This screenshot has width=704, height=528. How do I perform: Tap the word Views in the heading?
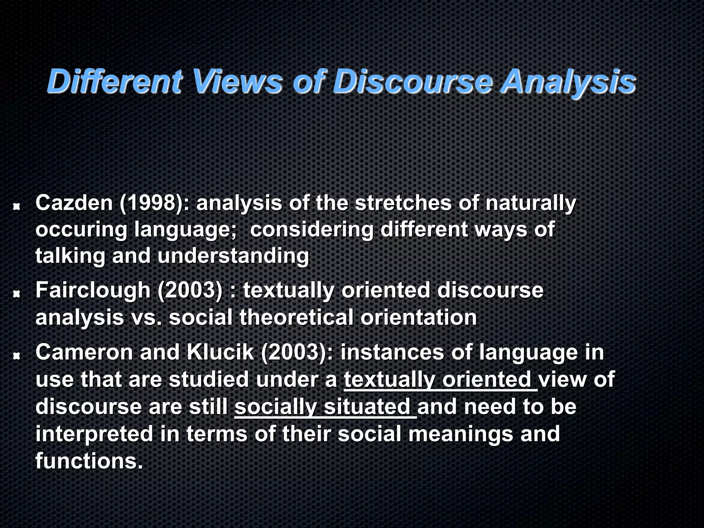point(237,81)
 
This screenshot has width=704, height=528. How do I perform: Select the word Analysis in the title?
point(568,81)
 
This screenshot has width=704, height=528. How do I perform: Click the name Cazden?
point(74,203)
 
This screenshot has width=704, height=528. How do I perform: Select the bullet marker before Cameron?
point(16,356)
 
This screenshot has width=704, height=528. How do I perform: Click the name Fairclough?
point(93,290)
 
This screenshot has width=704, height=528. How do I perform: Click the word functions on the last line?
point(88,461)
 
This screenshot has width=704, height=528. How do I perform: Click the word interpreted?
point(94,434)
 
